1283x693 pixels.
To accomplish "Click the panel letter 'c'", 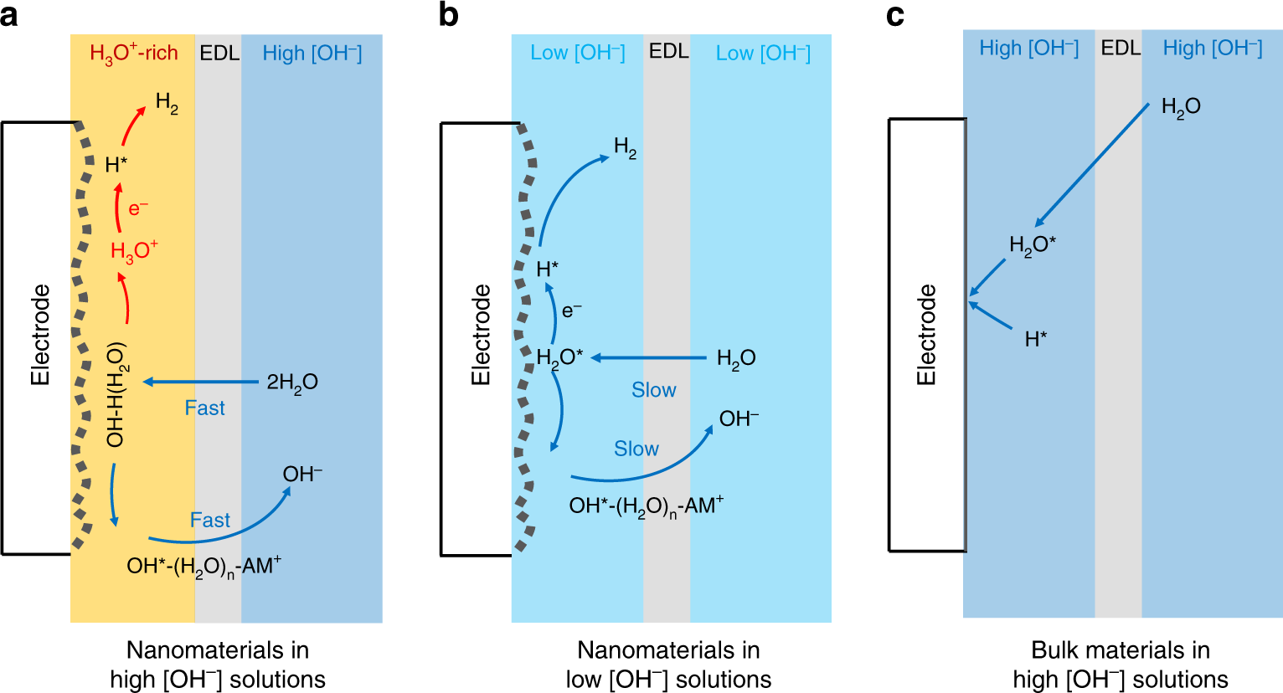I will tap(894, 16).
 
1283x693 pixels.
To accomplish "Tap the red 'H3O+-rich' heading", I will tap(134, 54).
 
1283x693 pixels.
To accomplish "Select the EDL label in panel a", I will tap(219, 54).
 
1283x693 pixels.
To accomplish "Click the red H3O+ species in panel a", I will tap(134, 250).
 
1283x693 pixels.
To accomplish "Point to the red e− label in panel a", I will tap(138, 207).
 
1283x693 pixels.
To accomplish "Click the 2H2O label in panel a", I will tap(292, 382).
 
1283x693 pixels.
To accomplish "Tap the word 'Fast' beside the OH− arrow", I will tap(209, 520).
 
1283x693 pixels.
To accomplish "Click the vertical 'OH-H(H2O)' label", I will tap(116, 394).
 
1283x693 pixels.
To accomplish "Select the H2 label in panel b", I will tap(626, 148).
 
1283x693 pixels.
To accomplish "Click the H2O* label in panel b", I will tap(559, 358).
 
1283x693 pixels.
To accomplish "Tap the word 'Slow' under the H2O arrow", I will tap(653, 390).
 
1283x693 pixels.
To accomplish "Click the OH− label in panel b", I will tap(739, 418).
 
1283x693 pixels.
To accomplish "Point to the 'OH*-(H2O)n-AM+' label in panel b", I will tap(646, 506).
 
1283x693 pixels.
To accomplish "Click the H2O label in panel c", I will tap(1181, 107).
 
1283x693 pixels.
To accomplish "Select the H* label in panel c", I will tap(1036, 339).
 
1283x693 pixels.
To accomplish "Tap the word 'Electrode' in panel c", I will tap(926, 335).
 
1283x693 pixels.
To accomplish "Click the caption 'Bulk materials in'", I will tap(1120, 650).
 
